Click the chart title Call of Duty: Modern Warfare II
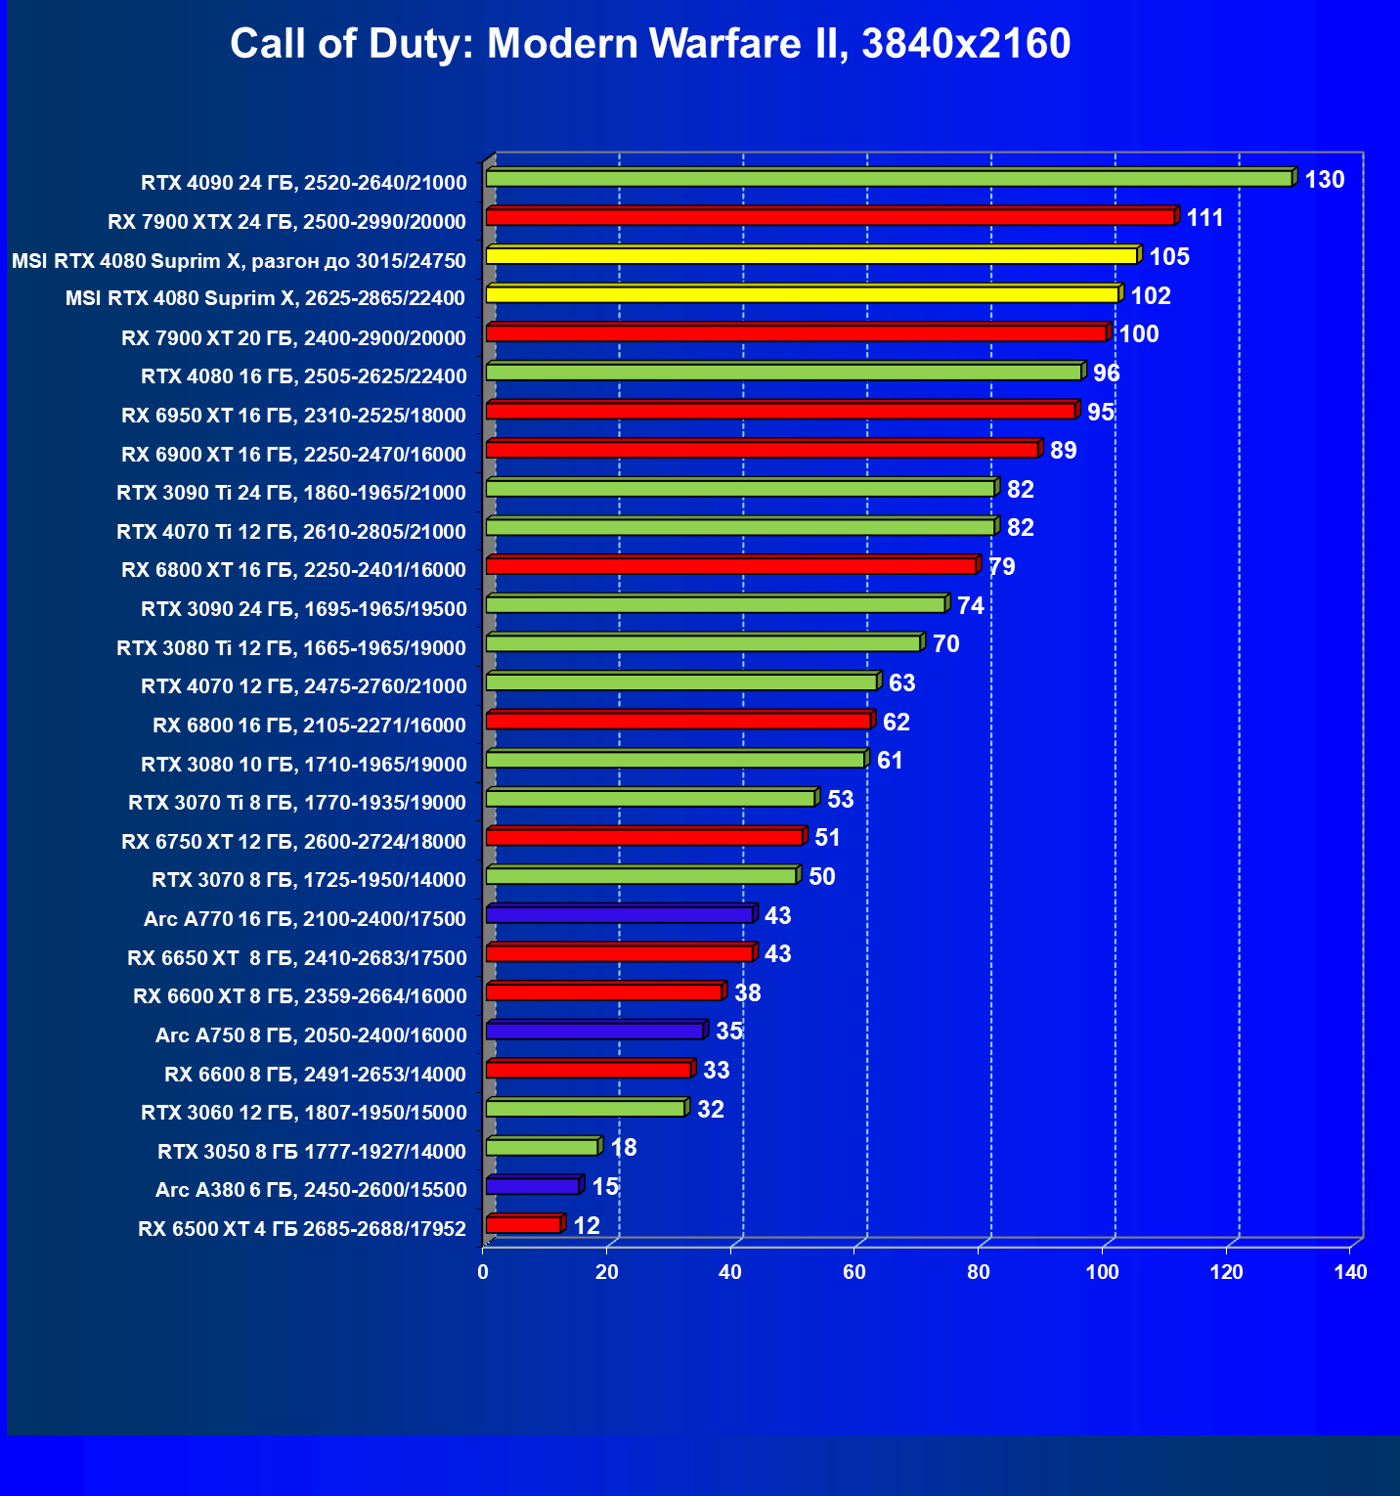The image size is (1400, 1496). [x=650, y=44]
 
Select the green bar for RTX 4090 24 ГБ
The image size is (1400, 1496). [x=890, y=179]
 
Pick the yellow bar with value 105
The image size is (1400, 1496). [x=811, y=256]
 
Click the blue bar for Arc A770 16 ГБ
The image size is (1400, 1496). [x=619, y=915]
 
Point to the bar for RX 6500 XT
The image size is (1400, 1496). [x=523, y=1225]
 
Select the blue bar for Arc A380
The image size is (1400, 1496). [x=533, y=1186]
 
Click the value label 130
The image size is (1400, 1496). [x=1325, y=180]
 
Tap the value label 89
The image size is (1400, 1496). [x=1063, y=451]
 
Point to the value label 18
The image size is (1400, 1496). [x=624, y=1148]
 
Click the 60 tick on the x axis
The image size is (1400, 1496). [x=854, y=1272]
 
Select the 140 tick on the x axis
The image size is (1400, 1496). [x=1351, y=1272]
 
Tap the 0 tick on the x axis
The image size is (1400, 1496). [x=483, y=1272]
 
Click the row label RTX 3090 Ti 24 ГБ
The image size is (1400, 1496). [x=291, y=493]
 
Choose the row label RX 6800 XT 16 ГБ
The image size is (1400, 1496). [x=293, y=570]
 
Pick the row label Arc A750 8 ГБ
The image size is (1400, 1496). [x=311, y=1035]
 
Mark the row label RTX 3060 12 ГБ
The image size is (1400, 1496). [x=304, y=1113]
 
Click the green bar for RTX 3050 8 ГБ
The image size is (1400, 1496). [x=542, y=1147]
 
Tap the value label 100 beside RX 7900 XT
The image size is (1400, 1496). [x=1139, y=334]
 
